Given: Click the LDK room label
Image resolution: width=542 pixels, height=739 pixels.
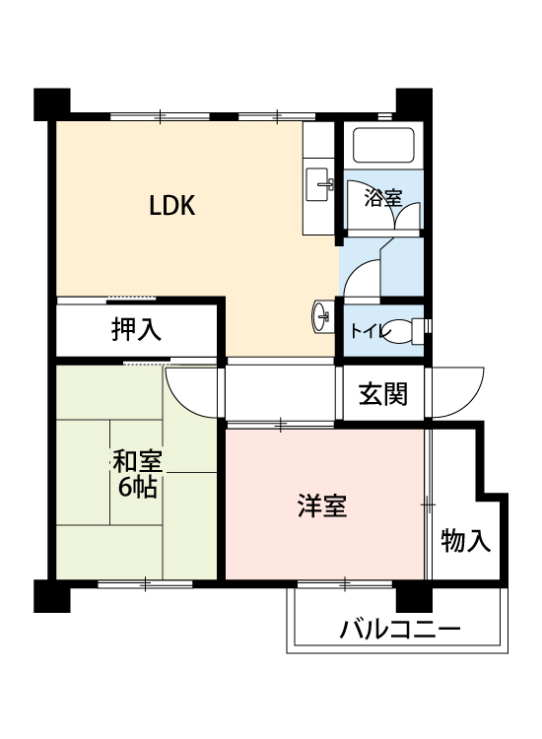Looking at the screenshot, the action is pos(172,206).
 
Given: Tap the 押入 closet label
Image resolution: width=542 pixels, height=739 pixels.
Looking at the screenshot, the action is pos(136,329).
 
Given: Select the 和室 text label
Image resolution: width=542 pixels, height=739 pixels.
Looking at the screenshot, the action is pos(137,461).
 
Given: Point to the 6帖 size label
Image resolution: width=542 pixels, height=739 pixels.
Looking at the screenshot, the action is pos(137,488).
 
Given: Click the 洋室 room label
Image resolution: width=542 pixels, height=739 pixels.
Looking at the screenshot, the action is pos(322,505).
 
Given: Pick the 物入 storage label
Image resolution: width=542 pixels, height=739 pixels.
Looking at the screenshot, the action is pos(466,540).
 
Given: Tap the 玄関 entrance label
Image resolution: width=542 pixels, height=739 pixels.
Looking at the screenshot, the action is pos(382,394).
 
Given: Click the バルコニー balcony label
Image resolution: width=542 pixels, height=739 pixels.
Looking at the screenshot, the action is pos(400,629).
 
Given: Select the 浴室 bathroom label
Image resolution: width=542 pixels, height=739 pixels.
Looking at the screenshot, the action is pos(383,197).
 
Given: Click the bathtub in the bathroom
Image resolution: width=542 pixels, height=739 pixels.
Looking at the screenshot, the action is pos(383,145).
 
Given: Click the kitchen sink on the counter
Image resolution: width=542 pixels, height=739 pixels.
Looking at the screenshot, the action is pos(319,184).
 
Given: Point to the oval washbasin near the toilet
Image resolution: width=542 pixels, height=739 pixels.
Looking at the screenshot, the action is pos(320,316).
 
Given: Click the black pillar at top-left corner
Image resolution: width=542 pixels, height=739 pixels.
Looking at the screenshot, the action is pos(52,104).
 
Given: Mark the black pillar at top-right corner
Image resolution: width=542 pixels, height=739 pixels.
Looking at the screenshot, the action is pos(414,104).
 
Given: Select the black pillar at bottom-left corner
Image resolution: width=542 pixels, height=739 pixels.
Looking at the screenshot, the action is pos(52,596).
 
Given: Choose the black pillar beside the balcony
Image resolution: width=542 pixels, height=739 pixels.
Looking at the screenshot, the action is pos(414,597).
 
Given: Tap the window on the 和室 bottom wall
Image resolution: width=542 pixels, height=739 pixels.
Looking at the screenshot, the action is pos(145,584).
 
